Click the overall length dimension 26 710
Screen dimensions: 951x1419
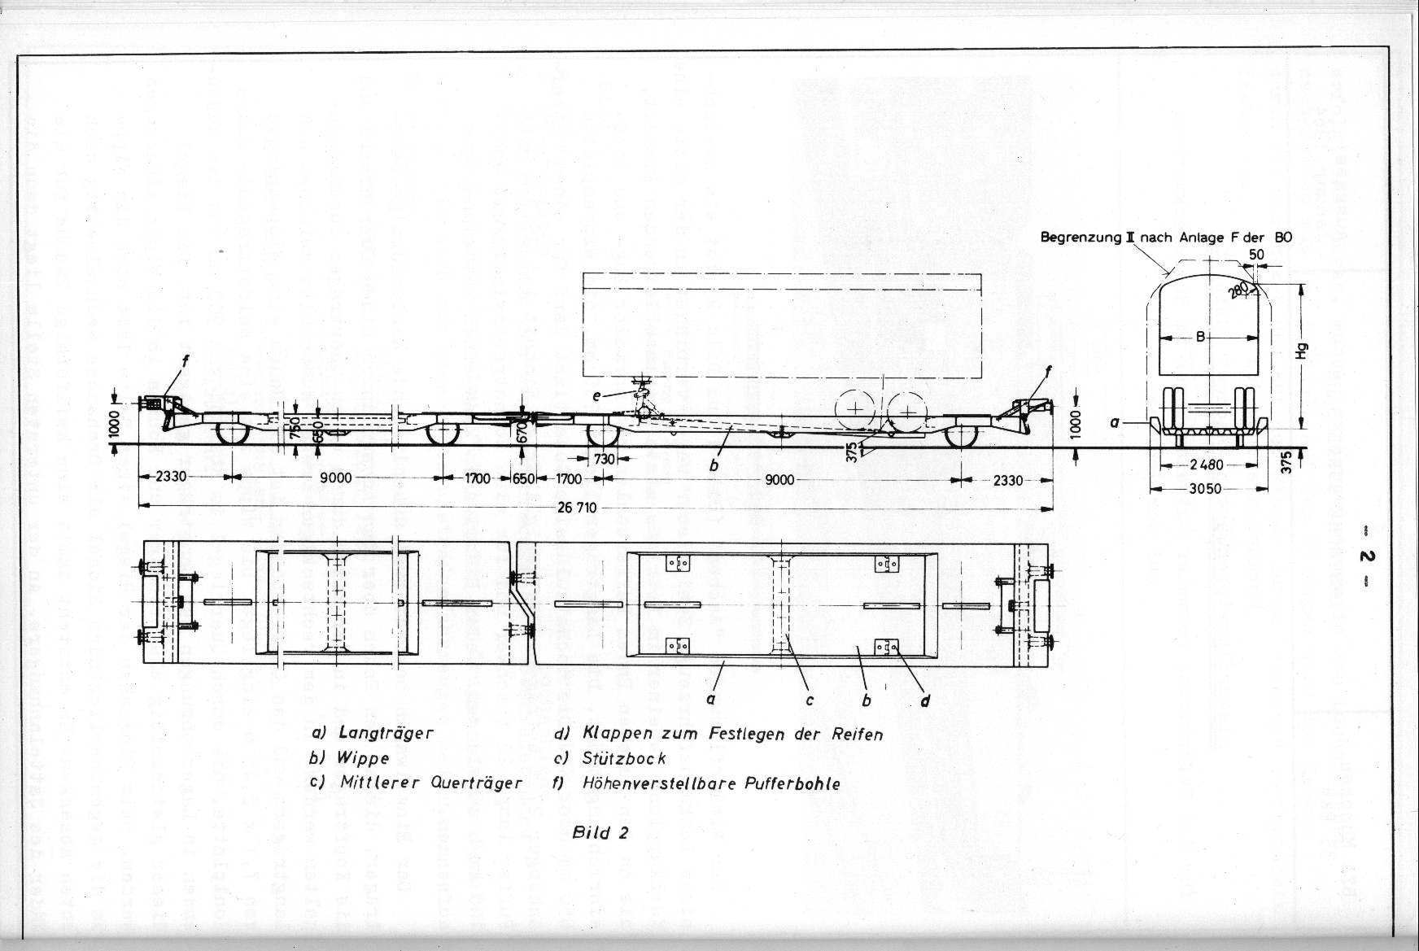(x=577, y=508)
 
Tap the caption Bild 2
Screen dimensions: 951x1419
(x=601, y=832)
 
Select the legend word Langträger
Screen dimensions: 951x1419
(x=383, y=732)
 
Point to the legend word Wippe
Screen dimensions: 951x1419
(x=363, y=757)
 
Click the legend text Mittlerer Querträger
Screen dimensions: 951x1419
(x=430, y=783)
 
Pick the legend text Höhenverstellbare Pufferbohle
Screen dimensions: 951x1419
(x=711, y=783)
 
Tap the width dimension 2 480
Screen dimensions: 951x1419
(x=1206, y=465)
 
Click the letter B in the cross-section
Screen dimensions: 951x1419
(x=1200, y=337)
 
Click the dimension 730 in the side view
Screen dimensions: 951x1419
(x=604, y=459)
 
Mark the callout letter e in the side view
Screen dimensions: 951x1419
(x=598, y=395)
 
